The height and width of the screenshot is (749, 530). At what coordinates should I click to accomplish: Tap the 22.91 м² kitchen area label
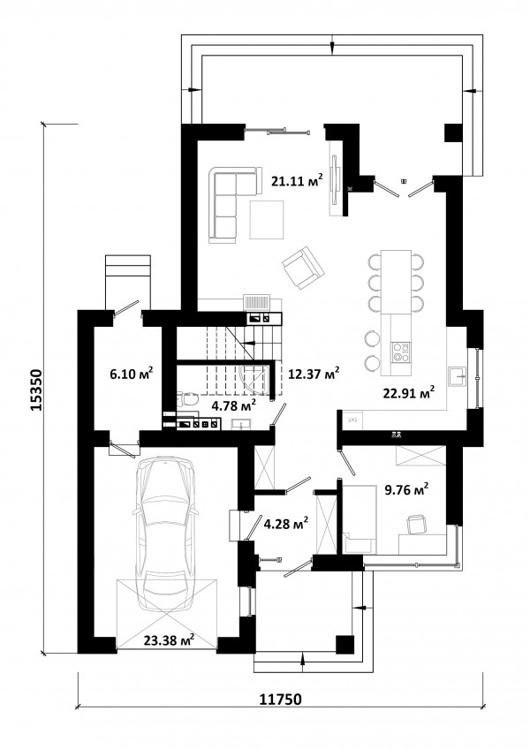409,392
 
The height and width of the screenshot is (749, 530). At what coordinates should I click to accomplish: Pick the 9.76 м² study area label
406,489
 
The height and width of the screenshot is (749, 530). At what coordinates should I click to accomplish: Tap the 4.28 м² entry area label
286,523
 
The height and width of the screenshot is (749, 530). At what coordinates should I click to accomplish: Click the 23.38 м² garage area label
169,639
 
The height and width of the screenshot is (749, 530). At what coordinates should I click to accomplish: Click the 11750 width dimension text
281,700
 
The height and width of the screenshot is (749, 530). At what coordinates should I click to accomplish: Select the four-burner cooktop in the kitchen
400,352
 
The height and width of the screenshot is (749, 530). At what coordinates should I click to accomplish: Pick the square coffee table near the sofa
267,220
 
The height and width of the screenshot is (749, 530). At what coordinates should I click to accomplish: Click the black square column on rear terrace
453,132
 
